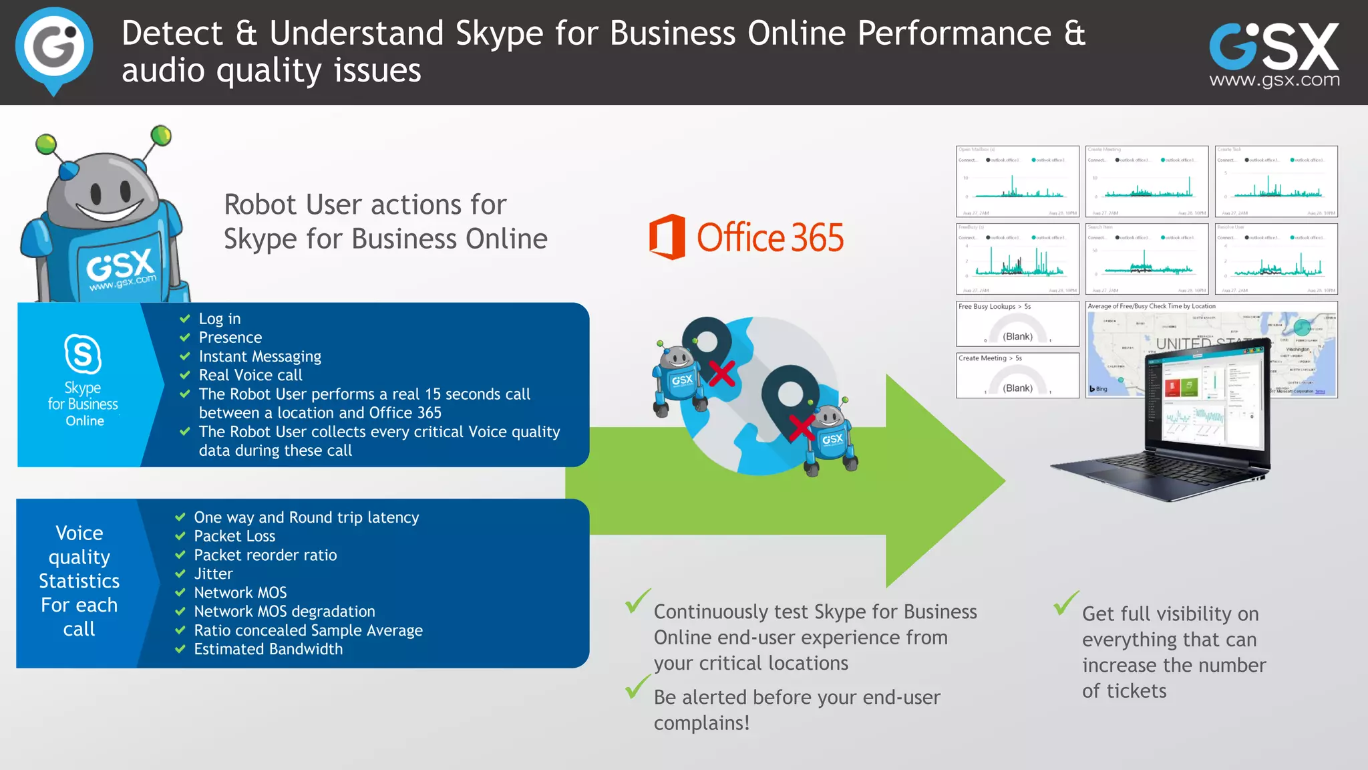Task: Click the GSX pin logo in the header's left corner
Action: (53, 48)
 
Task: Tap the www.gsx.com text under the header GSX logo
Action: (1274, 80)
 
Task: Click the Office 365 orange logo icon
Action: (667, 237)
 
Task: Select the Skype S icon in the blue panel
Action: (83, 354)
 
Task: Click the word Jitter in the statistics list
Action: (213, 573)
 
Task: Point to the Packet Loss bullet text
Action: (234, 536)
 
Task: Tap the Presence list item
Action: (230, 338)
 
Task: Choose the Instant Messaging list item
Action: (259, 356)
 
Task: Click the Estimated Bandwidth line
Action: (268, 649)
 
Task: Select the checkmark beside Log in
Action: (185, 319)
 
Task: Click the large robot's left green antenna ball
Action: (46, 143)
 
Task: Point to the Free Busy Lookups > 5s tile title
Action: (994, 307)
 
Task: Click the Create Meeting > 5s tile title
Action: (990, 358)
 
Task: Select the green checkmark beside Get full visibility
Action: (1066, 603)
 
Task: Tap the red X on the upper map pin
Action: (721, 374)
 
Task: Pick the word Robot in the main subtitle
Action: (261, 205)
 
